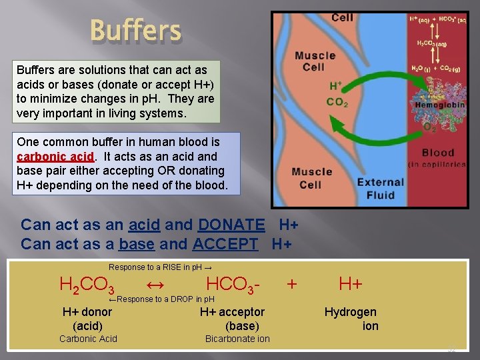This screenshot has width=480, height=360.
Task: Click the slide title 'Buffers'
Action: tap(135, 31)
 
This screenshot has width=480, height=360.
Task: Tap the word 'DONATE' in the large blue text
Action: tap(231, 225)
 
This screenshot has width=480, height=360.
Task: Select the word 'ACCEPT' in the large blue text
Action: tap(225, 244)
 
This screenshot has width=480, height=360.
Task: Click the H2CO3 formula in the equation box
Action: tap(87, 285)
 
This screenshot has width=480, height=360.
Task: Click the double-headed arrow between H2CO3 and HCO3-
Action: tap(155, 285)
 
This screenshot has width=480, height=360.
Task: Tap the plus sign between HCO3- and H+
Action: tap(291, 284)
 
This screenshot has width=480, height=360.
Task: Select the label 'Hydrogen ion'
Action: tap(351, 319)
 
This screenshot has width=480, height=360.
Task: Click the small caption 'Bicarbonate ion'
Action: tap(237, 339)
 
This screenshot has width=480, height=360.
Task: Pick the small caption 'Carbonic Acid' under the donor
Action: tap(88, 339)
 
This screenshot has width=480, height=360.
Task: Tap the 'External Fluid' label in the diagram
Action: tap(380, 189)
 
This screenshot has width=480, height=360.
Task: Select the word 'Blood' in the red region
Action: tap(438, 153)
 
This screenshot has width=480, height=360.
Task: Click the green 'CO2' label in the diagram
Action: tap(337, 102)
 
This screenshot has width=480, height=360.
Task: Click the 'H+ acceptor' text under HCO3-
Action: tap(232, 312)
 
